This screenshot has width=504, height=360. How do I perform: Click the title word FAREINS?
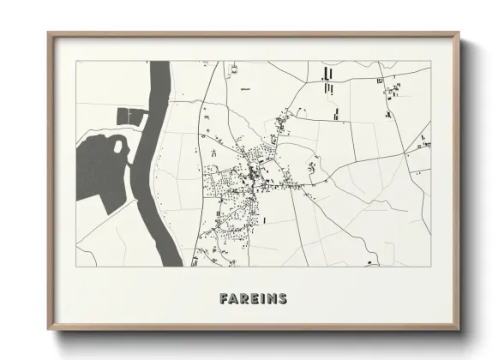click(x=253, y=299)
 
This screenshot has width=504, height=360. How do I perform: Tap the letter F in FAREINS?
click(x=225, y=299)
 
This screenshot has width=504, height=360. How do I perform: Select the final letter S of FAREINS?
click(x=282, y=299)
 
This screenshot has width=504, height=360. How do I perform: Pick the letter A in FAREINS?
click(x=234, y=299)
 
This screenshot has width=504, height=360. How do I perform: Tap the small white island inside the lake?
click(x=117, y=147)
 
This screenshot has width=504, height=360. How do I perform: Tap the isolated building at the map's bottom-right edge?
click(x=371, y=262)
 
